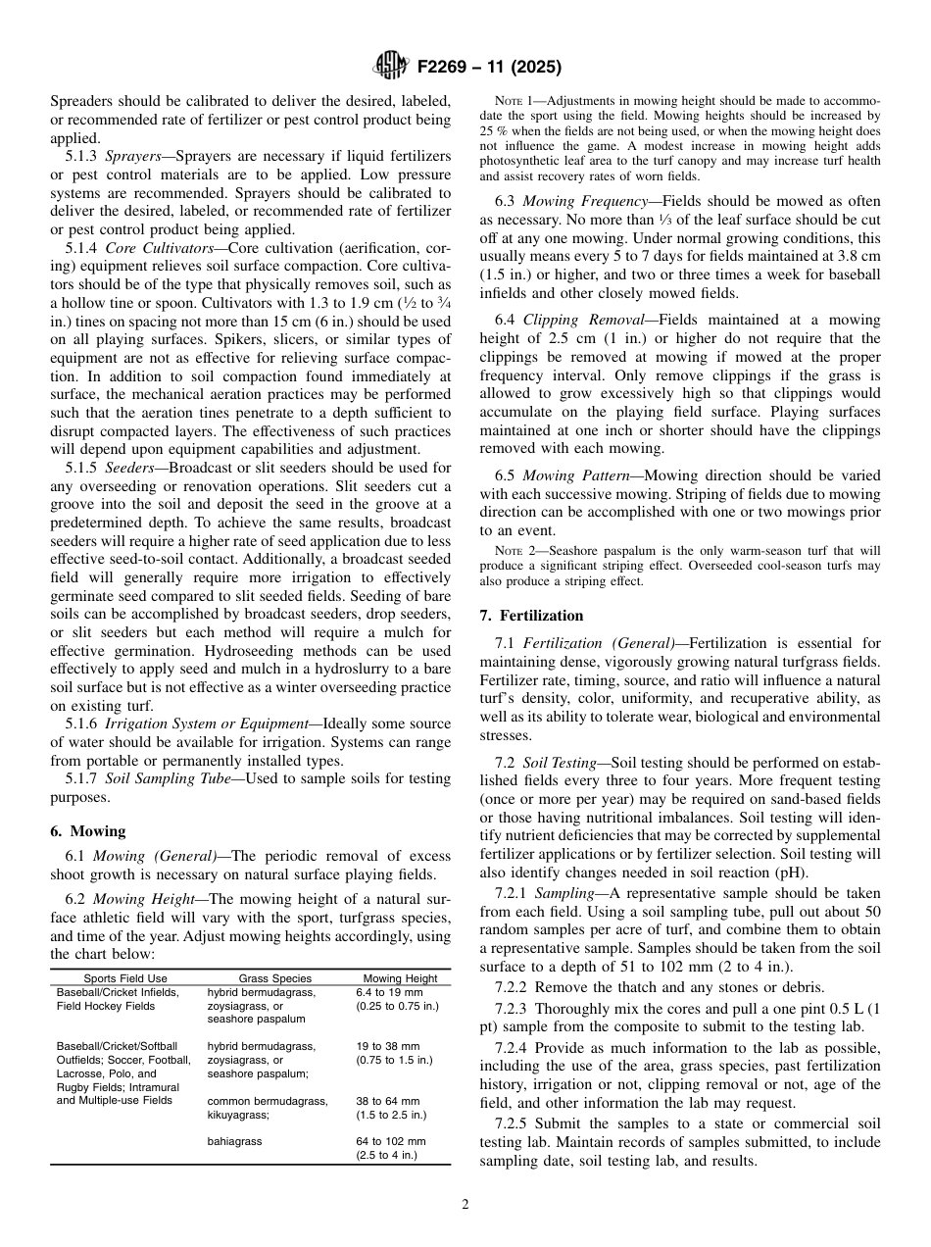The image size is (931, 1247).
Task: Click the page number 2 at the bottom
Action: (x=465, y=1205)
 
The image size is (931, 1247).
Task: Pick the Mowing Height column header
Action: (x=400, y=978)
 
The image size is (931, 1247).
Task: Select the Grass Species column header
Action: (x=275, y=978)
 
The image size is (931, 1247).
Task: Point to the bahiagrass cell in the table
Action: (x=234, y=1142)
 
